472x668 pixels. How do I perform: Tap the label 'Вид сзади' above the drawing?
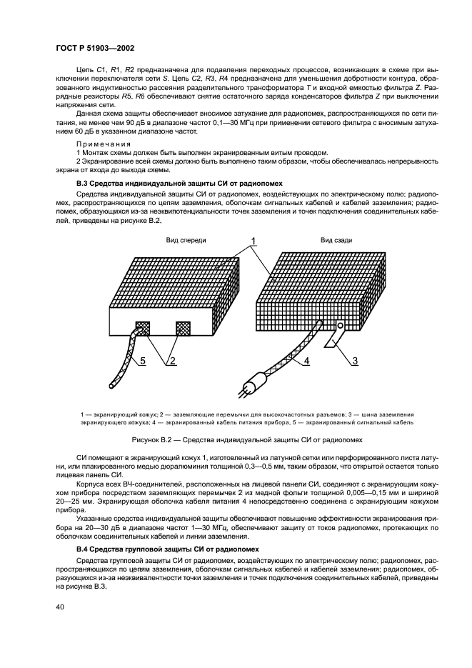click(336, 240)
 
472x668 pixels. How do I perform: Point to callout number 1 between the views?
click(253, 240)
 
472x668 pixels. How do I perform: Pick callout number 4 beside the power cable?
click(306, 362)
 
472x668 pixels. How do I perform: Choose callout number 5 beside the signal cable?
click(142, 362)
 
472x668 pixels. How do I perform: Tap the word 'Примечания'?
click(99, 144)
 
